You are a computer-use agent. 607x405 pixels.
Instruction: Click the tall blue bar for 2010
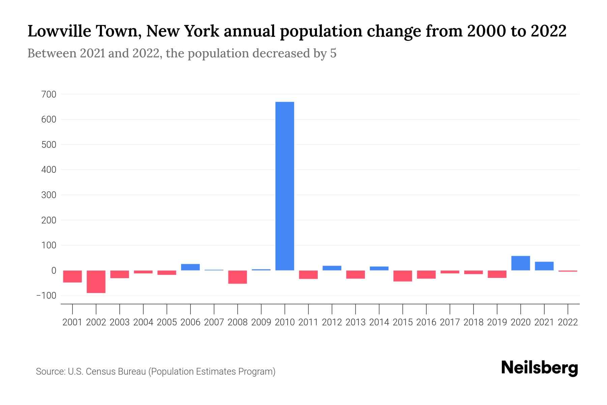[285, 186]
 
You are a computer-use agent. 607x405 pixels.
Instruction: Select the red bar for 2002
[96, 281]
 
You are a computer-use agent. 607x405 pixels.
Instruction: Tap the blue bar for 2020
[520, 263]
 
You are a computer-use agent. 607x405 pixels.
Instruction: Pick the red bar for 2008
[237, 277]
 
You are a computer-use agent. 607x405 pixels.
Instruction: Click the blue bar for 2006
[190, 267]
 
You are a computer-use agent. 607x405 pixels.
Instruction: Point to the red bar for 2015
[403, 276]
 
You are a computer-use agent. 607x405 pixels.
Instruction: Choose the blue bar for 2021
[544, 266]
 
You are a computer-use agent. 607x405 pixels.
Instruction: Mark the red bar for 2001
[73, 276]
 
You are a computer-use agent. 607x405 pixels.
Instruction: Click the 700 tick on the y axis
[49, 94]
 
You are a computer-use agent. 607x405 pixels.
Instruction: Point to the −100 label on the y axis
[46, 296]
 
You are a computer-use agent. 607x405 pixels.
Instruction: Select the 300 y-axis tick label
[49, 195]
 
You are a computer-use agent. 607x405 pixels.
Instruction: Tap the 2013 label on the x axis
[355, 322]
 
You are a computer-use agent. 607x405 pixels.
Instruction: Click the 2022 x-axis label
[568, 322]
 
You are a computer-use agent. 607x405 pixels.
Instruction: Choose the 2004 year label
[143, 322]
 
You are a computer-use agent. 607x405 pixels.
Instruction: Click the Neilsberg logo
[540, 368]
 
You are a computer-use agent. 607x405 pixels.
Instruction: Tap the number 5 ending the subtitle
[333, 54]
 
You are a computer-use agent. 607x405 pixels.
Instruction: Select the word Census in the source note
[99, 372]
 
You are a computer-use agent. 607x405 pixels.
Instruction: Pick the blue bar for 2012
[332, 268]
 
